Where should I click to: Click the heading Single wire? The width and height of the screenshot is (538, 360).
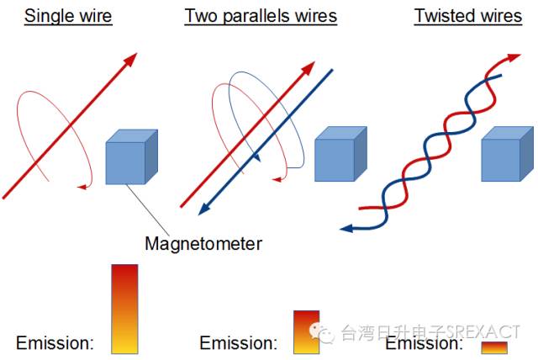tap(67, 16)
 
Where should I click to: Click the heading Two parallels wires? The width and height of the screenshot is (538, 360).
tap(261, 16)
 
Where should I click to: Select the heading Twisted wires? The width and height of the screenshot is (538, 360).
tap(468, 16)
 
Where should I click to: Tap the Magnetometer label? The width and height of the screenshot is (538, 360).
tap(203, 244)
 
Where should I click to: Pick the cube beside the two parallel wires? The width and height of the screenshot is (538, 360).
tap(340, 156)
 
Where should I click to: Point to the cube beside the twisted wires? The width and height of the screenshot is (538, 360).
tap(506, 156)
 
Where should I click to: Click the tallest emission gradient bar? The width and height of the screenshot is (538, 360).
tap(124, 309)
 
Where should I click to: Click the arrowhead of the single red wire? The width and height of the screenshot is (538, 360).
tap(129, 59)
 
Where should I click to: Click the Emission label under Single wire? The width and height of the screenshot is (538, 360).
tap(55, 343)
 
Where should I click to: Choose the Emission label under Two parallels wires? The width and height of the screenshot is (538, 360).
tap(238, 343)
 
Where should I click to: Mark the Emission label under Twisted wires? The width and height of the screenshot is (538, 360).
tap(424, 343)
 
